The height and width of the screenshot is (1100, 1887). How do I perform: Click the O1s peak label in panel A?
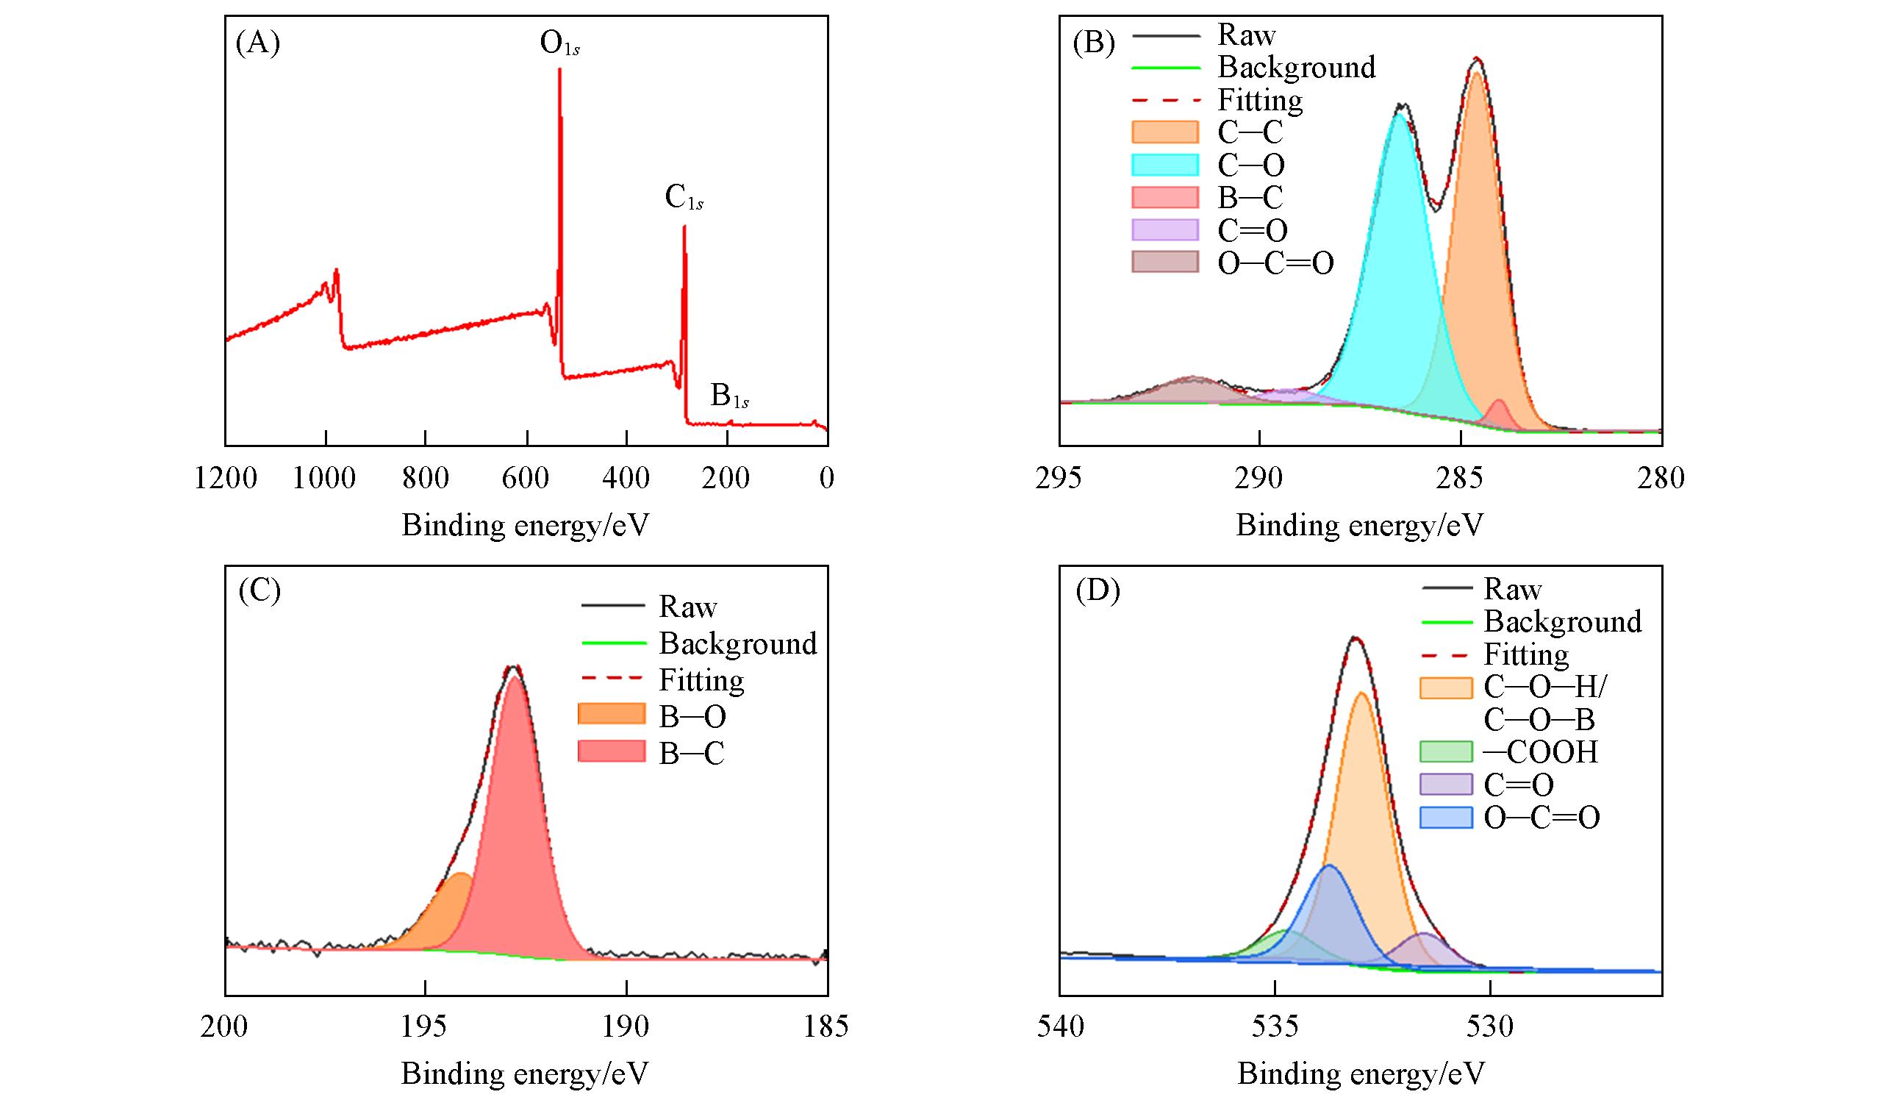click(559, 44)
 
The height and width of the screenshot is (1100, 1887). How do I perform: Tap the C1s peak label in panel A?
click(684, 199)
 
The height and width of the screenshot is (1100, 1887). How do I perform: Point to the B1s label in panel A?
click(729, 396)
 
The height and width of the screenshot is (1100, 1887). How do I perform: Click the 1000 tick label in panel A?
click(324, 478)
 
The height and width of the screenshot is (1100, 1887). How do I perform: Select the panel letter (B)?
click(1093, 43)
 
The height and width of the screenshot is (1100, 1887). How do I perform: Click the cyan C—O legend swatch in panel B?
click(1164, 165)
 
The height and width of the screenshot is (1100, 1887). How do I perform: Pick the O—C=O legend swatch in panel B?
click(1164, 262)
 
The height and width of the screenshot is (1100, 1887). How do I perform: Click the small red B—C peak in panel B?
click(1499, 414)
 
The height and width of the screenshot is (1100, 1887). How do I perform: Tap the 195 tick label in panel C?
click(425, 1026)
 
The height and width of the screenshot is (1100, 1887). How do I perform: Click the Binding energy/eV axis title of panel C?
click(525, 1073)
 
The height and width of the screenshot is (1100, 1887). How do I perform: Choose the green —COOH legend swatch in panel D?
click(1446, 751)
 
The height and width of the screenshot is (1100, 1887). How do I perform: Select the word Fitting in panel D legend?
click(1526, 654)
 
